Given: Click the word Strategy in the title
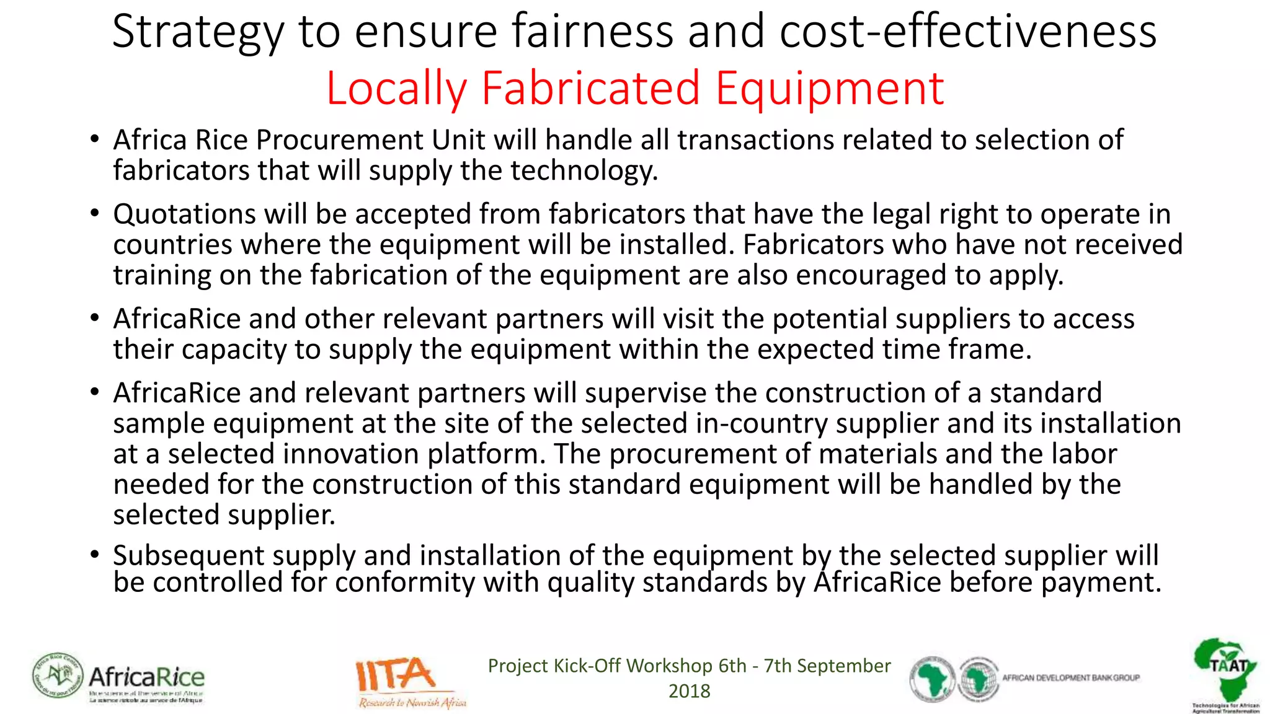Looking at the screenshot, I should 197,32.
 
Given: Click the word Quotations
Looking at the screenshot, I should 184,214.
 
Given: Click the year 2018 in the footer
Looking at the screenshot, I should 689,691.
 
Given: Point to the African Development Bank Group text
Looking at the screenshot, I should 1071,678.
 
